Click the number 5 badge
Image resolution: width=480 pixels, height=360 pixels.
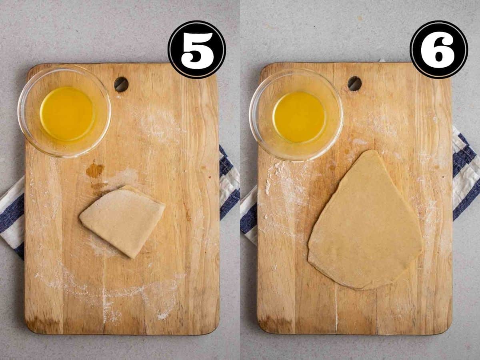click(197, 49)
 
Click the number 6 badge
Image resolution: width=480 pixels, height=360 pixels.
click(439, 49)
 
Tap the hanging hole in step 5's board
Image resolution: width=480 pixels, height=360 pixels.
click(121, 84)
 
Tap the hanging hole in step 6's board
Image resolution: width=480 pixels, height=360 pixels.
click(354, 84)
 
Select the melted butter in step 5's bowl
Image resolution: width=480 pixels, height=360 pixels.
click(67, 114)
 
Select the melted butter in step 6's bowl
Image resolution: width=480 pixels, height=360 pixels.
click(299, 117)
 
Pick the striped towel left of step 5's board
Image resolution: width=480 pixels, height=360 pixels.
click(12, 216)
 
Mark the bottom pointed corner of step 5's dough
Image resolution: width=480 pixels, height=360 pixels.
click(131, 258)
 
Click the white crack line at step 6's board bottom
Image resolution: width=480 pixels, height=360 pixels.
click(336, 306)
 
